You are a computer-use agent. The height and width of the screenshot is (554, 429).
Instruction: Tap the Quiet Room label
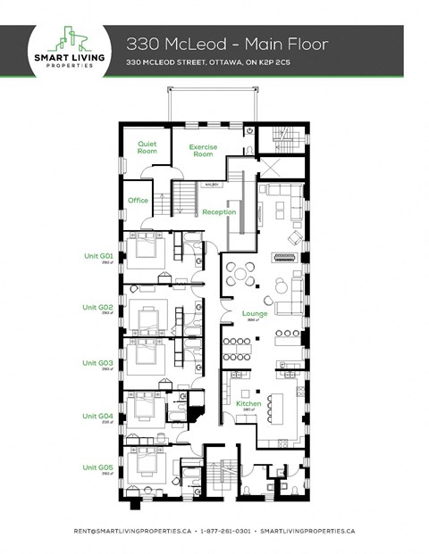147,147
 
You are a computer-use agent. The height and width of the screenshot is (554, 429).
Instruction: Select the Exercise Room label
204,150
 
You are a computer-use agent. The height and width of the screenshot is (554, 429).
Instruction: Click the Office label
138,200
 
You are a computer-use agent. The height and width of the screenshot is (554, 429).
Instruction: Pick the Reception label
219,211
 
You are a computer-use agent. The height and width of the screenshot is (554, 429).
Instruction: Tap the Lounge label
255,313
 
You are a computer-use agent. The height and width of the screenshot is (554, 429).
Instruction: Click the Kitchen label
248,404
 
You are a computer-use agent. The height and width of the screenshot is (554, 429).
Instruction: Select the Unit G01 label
99,257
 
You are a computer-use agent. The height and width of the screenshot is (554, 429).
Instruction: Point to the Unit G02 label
99,308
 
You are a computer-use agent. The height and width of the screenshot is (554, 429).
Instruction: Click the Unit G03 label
99,363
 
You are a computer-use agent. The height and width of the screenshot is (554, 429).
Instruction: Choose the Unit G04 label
99,416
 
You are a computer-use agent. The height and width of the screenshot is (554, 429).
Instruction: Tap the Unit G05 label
99,467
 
